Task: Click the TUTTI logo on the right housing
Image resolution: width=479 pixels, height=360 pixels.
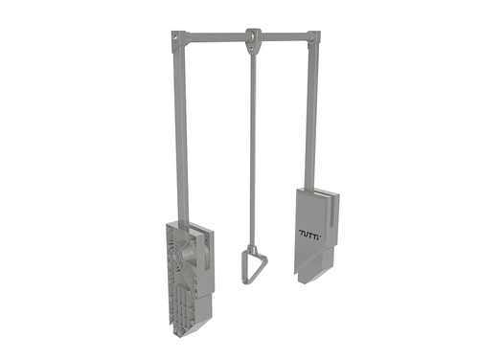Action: pos(309,233)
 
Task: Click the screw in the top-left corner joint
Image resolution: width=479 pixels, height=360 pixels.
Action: pos(175,37)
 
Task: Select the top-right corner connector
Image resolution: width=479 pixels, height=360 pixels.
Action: pos(314,38)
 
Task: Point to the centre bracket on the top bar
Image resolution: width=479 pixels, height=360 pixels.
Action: pos(253,40)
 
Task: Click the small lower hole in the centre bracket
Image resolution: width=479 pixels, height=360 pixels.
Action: pos(253,49)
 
